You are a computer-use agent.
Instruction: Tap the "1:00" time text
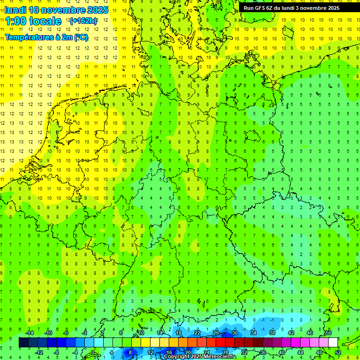[x=16, y=21]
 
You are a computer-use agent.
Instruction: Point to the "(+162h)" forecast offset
[x=83, y=21]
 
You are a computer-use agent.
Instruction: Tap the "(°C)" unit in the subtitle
[x=81, y=37]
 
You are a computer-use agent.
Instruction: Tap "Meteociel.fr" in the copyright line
[x=220, y=357]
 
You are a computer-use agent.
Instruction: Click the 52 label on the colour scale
[x=338, y=352]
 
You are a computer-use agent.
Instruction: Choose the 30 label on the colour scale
[x=234, y=333]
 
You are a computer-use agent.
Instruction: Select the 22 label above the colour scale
[x=197, y=333]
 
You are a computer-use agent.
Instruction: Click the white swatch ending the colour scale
[x=333, y=343]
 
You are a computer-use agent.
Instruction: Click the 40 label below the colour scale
[x=281, y=352]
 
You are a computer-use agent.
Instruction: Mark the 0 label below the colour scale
[x=92, y=352]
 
